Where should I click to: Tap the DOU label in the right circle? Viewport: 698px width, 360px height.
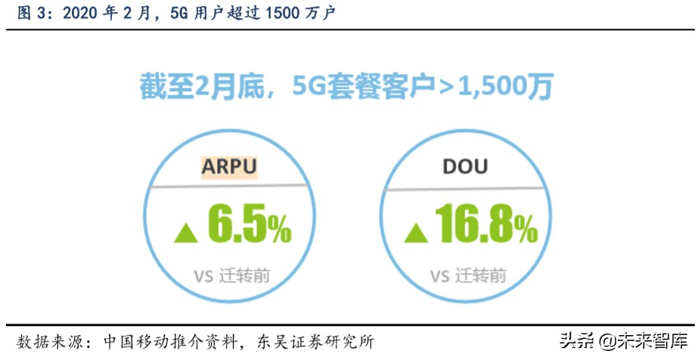pyautogui.click(x=465, y=166)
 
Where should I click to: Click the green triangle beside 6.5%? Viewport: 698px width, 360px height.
pyautogui.click(x=187, y=233)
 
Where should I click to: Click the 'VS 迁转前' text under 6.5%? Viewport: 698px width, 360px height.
pyautogui.click(x=231, y=276)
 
